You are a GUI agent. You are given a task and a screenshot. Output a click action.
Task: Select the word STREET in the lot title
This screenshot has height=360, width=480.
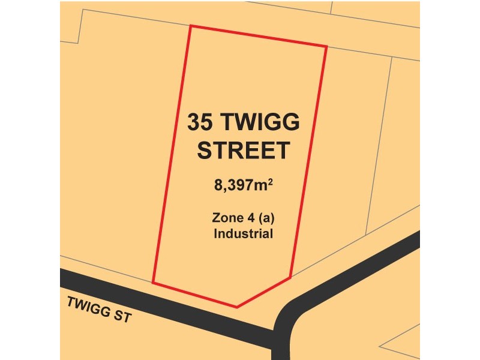(244, 151)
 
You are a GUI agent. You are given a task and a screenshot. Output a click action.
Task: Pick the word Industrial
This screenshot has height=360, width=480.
(244, 233)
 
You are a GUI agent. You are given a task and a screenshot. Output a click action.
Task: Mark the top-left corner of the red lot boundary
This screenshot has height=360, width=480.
(190, 26)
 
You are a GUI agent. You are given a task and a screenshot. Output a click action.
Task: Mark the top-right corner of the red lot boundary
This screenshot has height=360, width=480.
(326, 46)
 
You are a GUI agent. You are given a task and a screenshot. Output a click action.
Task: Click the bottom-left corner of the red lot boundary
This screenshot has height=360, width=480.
(153, 282)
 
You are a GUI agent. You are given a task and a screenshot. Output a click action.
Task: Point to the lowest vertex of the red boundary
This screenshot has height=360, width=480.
(237, 307)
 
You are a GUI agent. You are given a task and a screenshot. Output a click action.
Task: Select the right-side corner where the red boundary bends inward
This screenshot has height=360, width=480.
(291, 277)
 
